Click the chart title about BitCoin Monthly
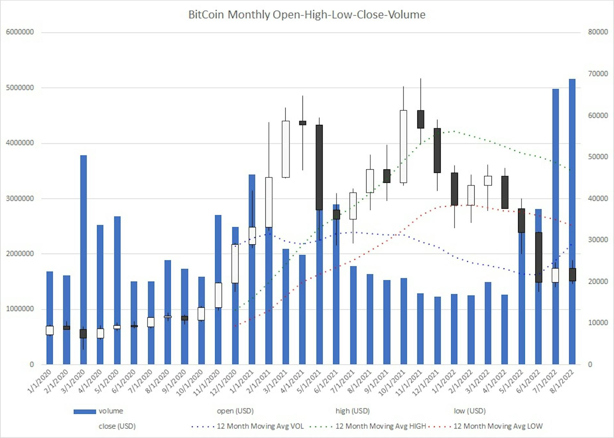(307, 15)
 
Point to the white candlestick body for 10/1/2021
(404, 146)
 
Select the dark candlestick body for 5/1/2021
(319, 167)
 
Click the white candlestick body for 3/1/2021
(286, 149)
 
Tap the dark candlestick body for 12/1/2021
(437, 150)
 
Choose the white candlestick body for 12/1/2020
(235, 264)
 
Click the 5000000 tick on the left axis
(20, 88)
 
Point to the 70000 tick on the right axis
(598, 74)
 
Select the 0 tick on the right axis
(590, 364)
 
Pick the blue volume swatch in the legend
(85, 411)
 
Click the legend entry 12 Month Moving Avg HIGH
(381, 426)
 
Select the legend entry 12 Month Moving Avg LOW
(498, 426)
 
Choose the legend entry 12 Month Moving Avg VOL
(260, 426)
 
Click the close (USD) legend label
(117, 426)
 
